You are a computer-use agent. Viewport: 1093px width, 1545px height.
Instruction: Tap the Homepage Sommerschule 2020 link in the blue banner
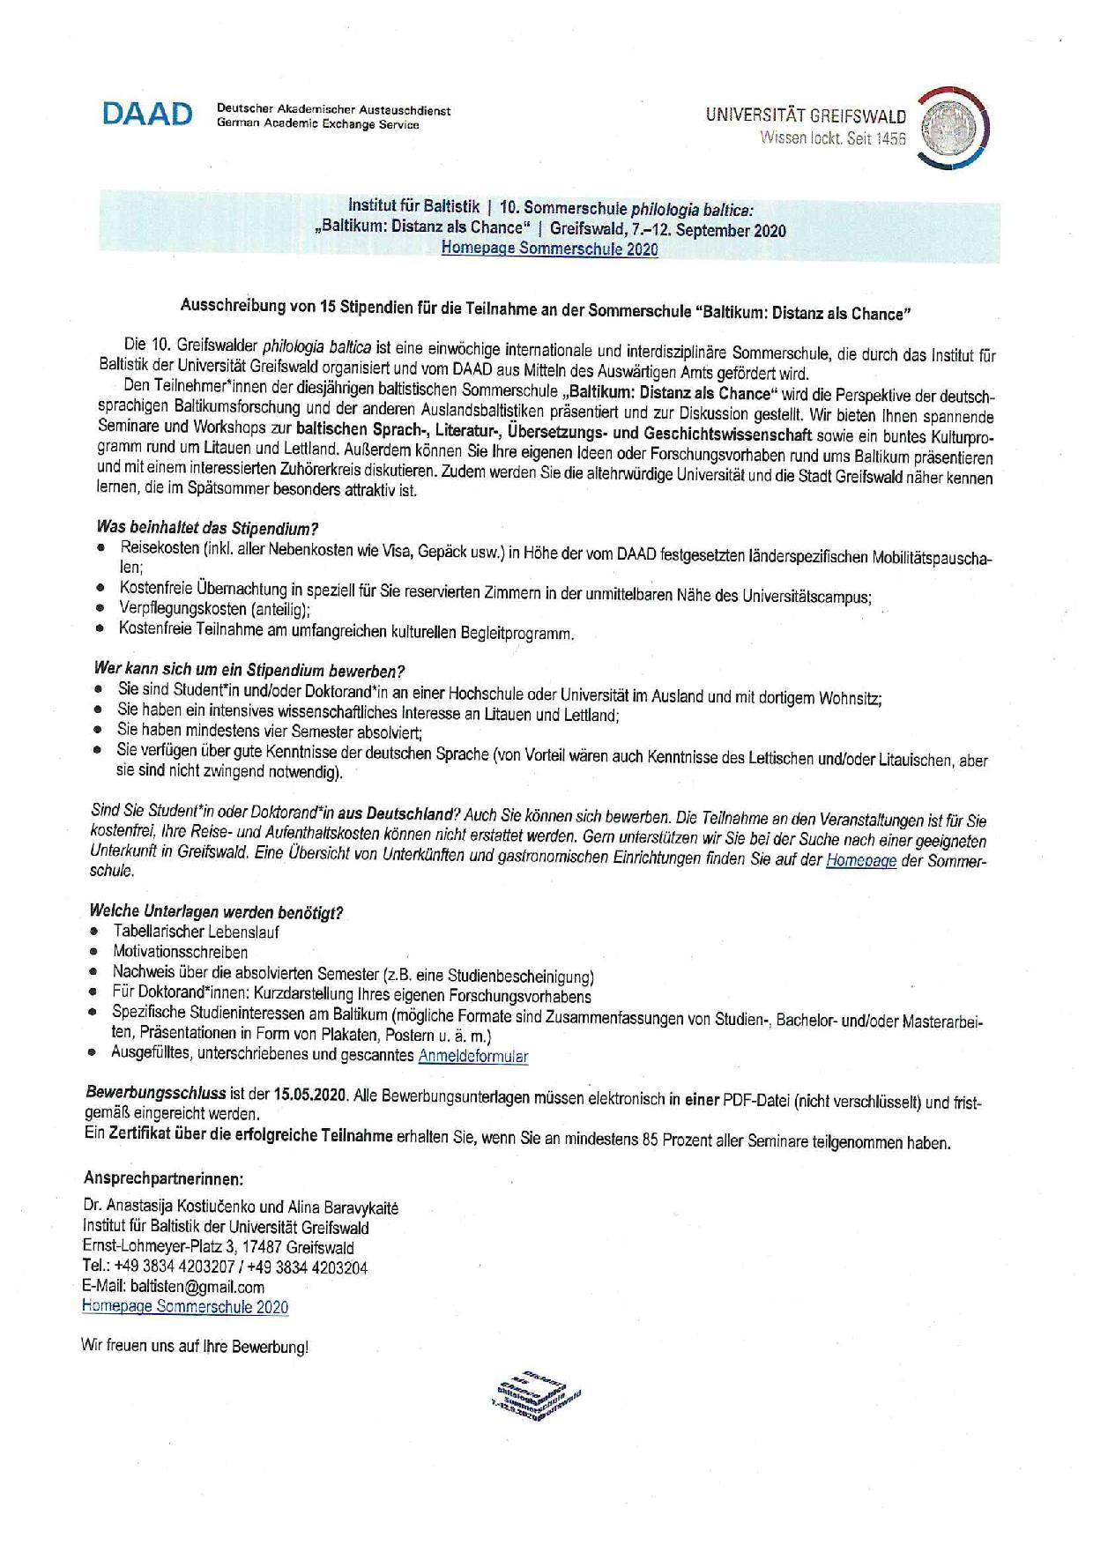549,249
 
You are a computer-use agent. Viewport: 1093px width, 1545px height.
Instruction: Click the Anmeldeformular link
473,1056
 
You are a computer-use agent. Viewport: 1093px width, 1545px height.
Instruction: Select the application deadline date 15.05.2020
311,1096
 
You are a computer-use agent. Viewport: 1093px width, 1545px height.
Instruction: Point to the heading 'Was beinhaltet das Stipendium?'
207,529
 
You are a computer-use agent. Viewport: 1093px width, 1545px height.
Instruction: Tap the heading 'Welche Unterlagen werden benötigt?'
216,911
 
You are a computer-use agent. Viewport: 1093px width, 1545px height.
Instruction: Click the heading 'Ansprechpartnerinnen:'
162,1179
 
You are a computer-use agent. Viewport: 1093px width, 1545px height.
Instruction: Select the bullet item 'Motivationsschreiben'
180,952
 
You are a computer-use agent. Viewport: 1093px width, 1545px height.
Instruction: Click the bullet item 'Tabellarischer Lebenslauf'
196,932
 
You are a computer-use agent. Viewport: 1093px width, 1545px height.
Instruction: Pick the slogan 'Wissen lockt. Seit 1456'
832,138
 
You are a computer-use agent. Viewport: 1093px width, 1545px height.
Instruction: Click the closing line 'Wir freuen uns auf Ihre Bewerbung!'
194,1347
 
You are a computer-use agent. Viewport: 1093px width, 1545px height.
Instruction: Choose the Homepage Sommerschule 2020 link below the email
184,1307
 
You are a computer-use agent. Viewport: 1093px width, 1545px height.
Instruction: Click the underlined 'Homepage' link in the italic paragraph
860,861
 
